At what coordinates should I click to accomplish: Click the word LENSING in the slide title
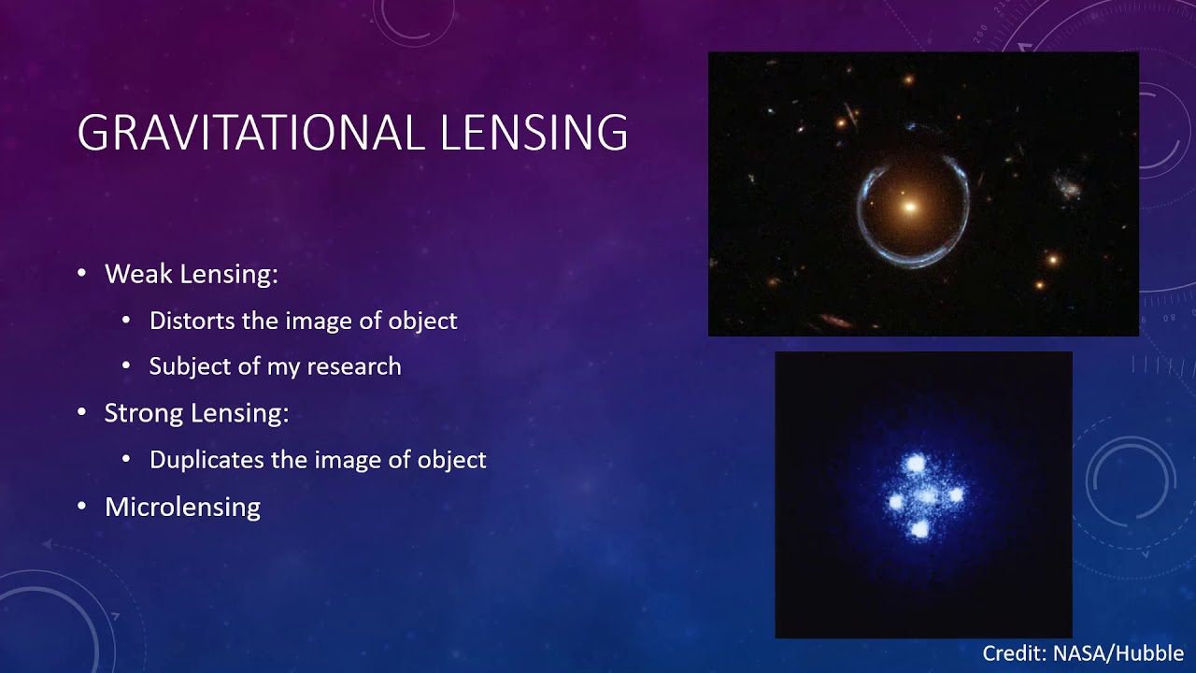click(x=534, y=133)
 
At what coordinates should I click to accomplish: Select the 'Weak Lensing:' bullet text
click(x=192, y=274)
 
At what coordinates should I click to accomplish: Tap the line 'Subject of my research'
click(x=275, y=365)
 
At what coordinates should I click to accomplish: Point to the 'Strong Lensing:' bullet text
click(x=196, y=413)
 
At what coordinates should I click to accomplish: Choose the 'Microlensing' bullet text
click(x=182, y=507)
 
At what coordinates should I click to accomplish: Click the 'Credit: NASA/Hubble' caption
click(x=1083, y=653)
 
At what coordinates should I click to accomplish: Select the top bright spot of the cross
click(x=914, y=464)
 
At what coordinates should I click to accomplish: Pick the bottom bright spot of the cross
click(x=920, y=530)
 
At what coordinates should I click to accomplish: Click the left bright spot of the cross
click(x=895, y=502)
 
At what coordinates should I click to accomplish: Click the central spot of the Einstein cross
click(x=926, y=496)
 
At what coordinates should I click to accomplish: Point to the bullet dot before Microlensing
click(x=82, y=506)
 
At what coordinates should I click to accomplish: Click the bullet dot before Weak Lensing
click(x=82, y=273)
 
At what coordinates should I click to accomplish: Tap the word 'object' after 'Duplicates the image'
click(x=452, y=460)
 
